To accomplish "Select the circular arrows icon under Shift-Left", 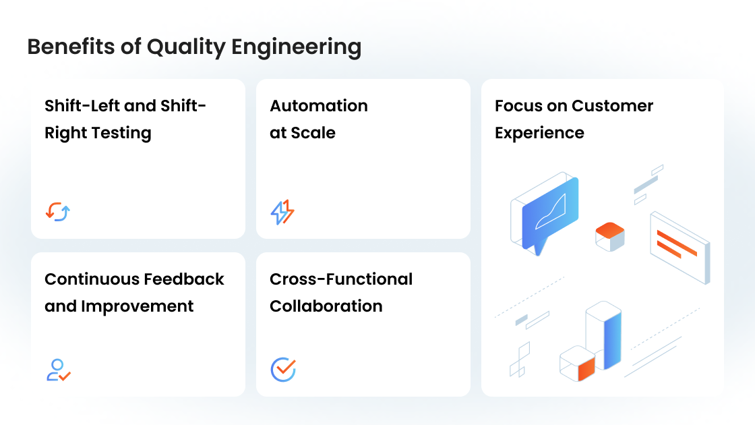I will click(x=58, y=212).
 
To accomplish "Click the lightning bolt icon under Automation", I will click(x=282, y=212).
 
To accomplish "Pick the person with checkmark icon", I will click(x=58, y=370).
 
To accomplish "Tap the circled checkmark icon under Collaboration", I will click(x=283, y=370).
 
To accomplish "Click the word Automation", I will click(x=319, y=106).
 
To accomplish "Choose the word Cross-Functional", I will click(x=341, y=279).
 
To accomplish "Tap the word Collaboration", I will click(x=326, y=306).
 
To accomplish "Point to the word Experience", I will click(x=539, y=133).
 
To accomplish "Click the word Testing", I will click(x=121, y=133).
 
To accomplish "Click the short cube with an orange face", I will click(x=578, y=364).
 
